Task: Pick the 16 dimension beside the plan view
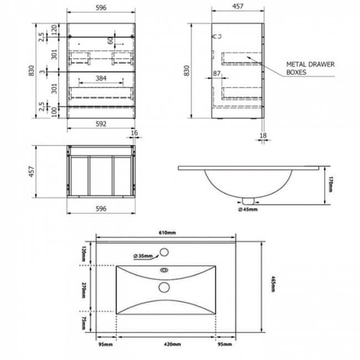pyautogui.click(x=136, y=133)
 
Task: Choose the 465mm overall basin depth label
pyautogui.click(x=274, y=286)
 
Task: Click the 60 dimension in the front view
pyautogui.click(x=110, y=40)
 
